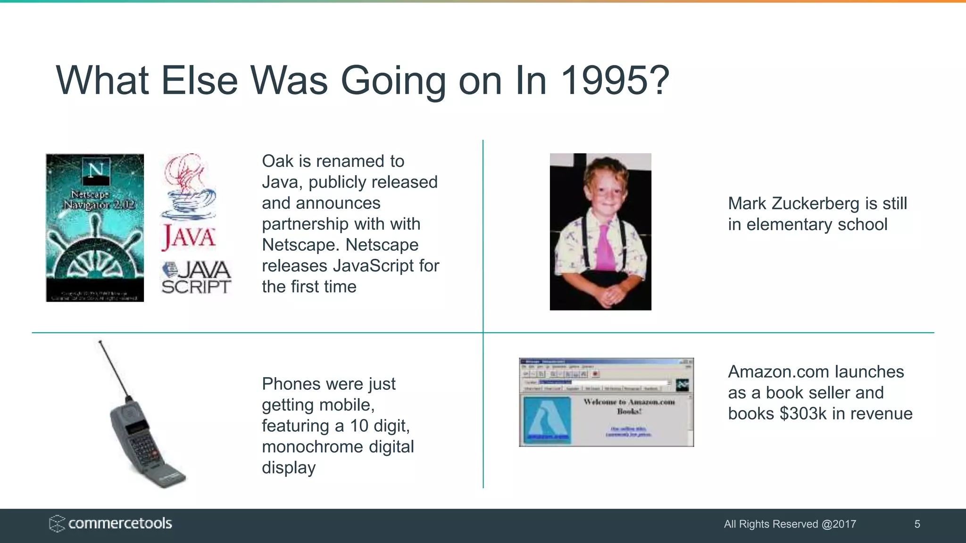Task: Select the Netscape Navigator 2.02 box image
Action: tap(95, 228)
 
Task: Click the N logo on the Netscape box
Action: tap(96, 169)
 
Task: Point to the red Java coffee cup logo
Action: tap(188, 189)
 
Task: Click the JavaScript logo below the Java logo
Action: tap(196, 278)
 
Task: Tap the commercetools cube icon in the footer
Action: tap(57, 524)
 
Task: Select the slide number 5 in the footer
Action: tap(917, 524)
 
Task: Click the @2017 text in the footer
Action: tap(839, 524)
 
